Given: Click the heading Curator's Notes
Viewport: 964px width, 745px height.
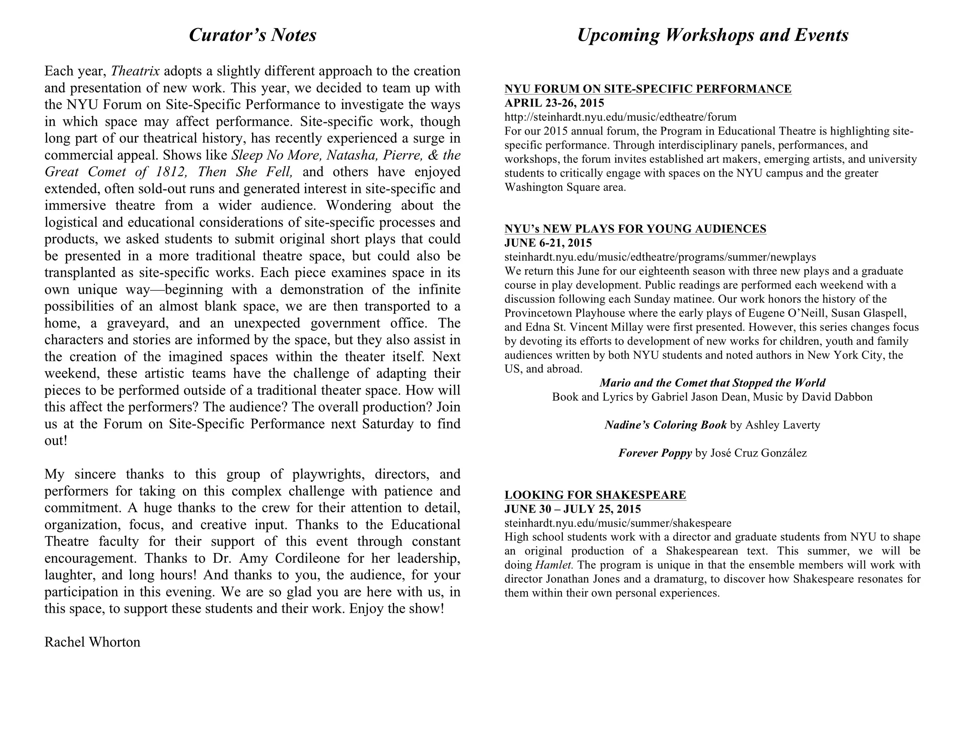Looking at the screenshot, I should (x=253, y=35).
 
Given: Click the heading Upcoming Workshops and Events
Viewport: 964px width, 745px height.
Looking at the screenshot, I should (x=713, y=35).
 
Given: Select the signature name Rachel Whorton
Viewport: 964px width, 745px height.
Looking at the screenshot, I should (x=92, y=642).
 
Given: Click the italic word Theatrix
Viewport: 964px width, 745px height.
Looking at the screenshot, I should (x=135, y=71).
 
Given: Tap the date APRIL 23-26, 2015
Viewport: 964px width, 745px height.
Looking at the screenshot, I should (x=554, y=103).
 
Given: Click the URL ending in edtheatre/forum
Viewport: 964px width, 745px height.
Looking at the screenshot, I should (x=620, y=117).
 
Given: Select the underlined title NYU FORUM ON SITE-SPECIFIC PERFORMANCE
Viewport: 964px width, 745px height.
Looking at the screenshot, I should (x=647, y=89).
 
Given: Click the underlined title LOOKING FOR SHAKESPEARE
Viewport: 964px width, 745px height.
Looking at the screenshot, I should (x=595, y=495).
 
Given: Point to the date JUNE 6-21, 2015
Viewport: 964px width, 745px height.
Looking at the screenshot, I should (x=548, y=243).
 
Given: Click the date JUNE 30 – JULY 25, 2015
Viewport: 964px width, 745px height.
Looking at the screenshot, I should (x=573, y=509).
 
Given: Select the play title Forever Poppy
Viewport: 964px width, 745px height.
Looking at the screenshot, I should (x=655, y=453).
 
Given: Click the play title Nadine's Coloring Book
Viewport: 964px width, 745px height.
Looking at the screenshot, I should (x=665, y=425).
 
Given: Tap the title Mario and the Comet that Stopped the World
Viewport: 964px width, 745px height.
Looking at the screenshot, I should (x=712, y=383).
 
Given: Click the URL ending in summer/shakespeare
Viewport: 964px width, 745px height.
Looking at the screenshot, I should (x=617, y=523).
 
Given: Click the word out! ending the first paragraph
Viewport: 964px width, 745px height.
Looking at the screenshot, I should (x=56, y=441).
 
